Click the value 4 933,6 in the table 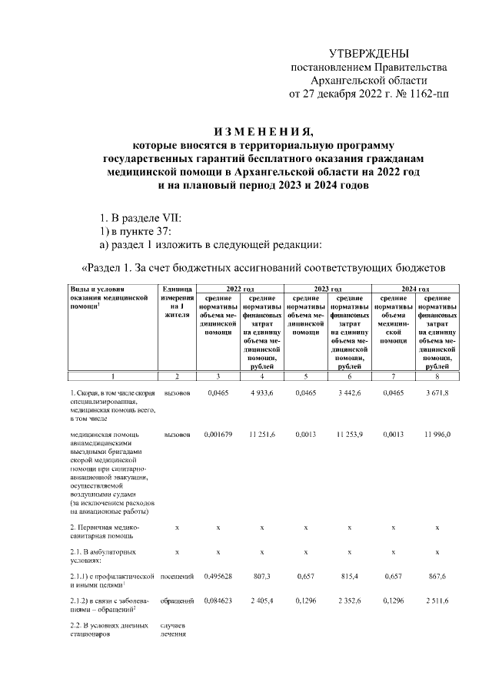point(262,392)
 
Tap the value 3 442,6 point(349,392)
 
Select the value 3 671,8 point(437,392)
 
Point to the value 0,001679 point(218,434)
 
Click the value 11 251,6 point(262,434)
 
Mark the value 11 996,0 point(437,434)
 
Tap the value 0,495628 point(218,574)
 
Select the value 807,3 point(262,574)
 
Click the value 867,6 point(437,574)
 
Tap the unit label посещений point(177,574)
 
